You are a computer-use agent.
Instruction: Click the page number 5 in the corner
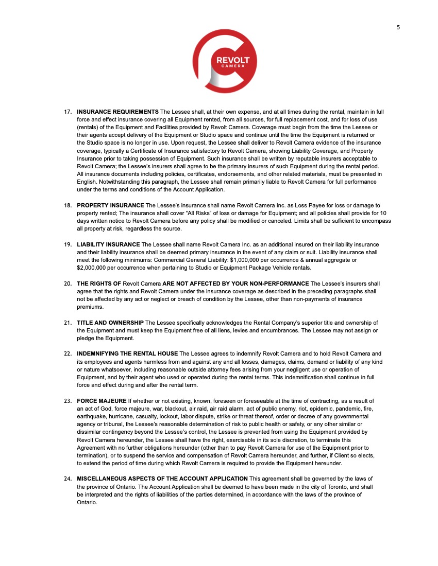click(398, 28)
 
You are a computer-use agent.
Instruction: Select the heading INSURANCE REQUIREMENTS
click(117, 112)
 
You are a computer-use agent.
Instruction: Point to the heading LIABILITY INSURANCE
click(108, 244)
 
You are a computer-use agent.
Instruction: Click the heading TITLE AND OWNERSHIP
click(110, 323)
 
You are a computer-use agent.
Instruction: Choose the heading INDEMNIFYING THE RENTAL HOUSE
click(127, 353)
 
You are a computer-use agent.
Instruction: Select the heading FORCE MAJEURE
click(102, 400)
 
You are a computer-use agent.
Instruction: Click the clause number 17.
click(68, 112)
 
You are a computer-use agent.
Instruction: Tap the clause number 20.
click(68, 284)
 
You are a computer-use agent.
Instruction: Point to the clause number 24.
click(68, 479)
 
